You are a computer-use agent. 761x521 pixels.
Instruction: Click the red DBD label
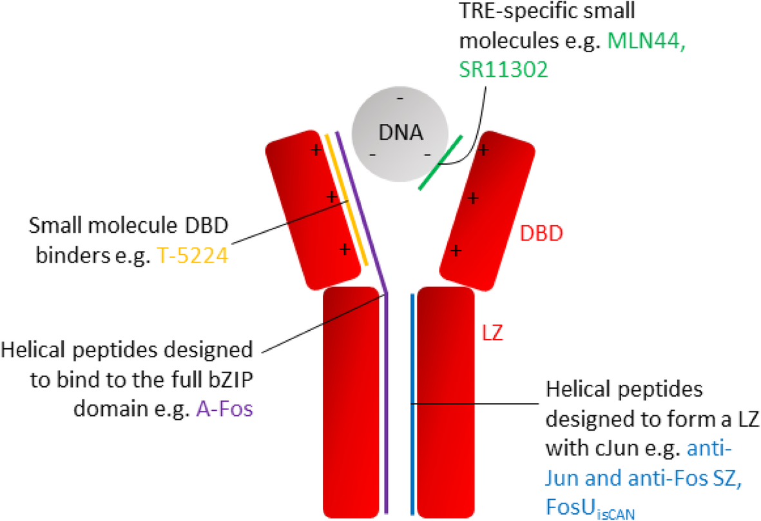(x=543, y=232)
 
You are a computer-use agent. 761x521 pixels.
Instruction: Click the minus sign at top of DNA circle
(x=400, y=99)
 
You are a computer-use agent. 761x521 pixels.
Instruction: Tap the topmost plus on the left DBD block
(x=316, y=150)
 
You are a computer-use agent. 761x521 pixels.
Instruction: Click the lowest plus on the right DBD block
(x=456, y=250)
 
